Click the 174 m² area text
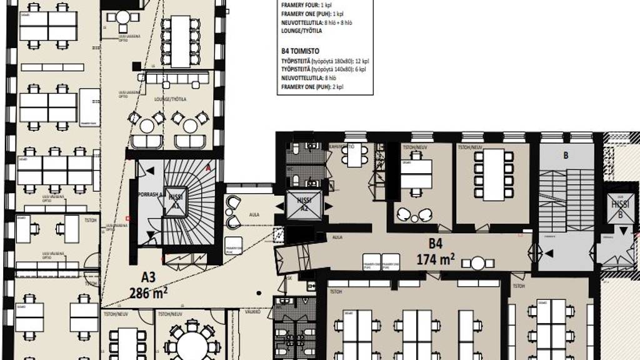[435, 257]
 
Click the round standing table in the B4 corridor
[478, 263]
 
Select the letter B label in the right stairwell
[566, 155]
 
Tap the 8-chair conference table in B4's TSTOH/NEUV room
[494, 174]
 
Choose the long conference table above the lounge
[180, 41]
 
